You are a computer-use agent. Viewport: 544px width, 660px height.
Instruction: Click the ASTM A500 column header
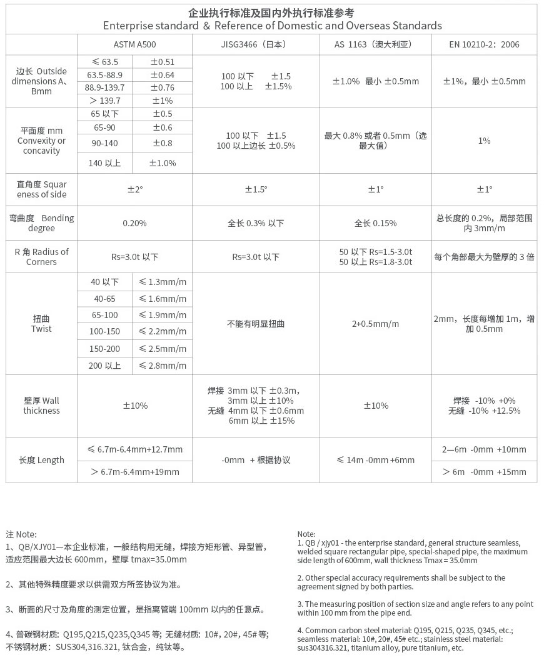pyautogui.click(x=134, y=45)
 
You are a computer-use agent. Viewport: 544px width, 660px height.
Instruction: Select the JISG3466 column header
pyautogui.click(x=256, y=45)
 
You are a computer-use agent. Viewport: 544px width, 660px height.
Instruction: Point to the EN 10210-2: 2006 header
pyautogui.click(x=484, y=45)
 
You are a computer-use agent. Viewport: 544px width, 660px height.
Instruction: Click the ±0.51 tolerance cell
pyautogui.click(x=163, y=62)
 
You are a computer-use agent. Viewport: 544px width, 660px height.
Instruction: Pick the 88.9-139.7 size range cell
pyautogui.click(x=105, y=87)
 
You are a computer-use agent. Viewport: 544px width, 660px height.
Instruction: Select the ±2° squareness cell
pyautogui.click(x=134, y=189)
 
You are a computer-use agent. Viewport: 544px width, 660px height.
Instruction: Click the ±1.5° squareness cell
pyautogui.click(x=256, y=189)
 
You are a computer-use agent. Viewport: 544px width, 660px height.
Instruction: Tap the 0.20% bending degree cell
pyautogui.click(x=134, y=223)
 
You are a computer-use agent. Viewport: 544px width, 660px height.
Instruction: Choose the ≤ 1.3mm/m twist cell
pyautogui.click(x=163, y=282)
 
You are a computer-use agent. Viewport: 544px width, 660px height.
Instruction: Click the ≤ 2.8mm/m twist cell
pyautogui.click(x=163, y=366)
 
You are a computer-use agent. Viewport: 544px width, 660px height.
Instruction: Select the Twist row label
pyautogui.click(x=41, y=324)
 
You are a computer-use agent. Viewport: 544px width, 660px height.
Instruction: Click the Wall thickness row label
pyautogui.click(x=41, y=406)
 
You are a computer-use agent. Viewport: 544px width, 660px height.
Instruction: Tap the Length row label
pyautogui.click(x=41, y=460)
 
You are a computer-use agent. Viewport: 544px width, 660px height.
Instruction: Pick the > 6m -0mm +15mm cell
pyautogui.click(x=484, y=471)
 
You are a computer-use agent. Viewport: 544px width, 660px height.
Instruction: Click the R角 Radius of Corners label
pyautogui.click(x=41, y=257)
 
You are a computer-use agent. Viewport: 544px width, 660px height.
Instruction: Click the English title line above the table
pyautogui.click(x=272, y=26)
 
